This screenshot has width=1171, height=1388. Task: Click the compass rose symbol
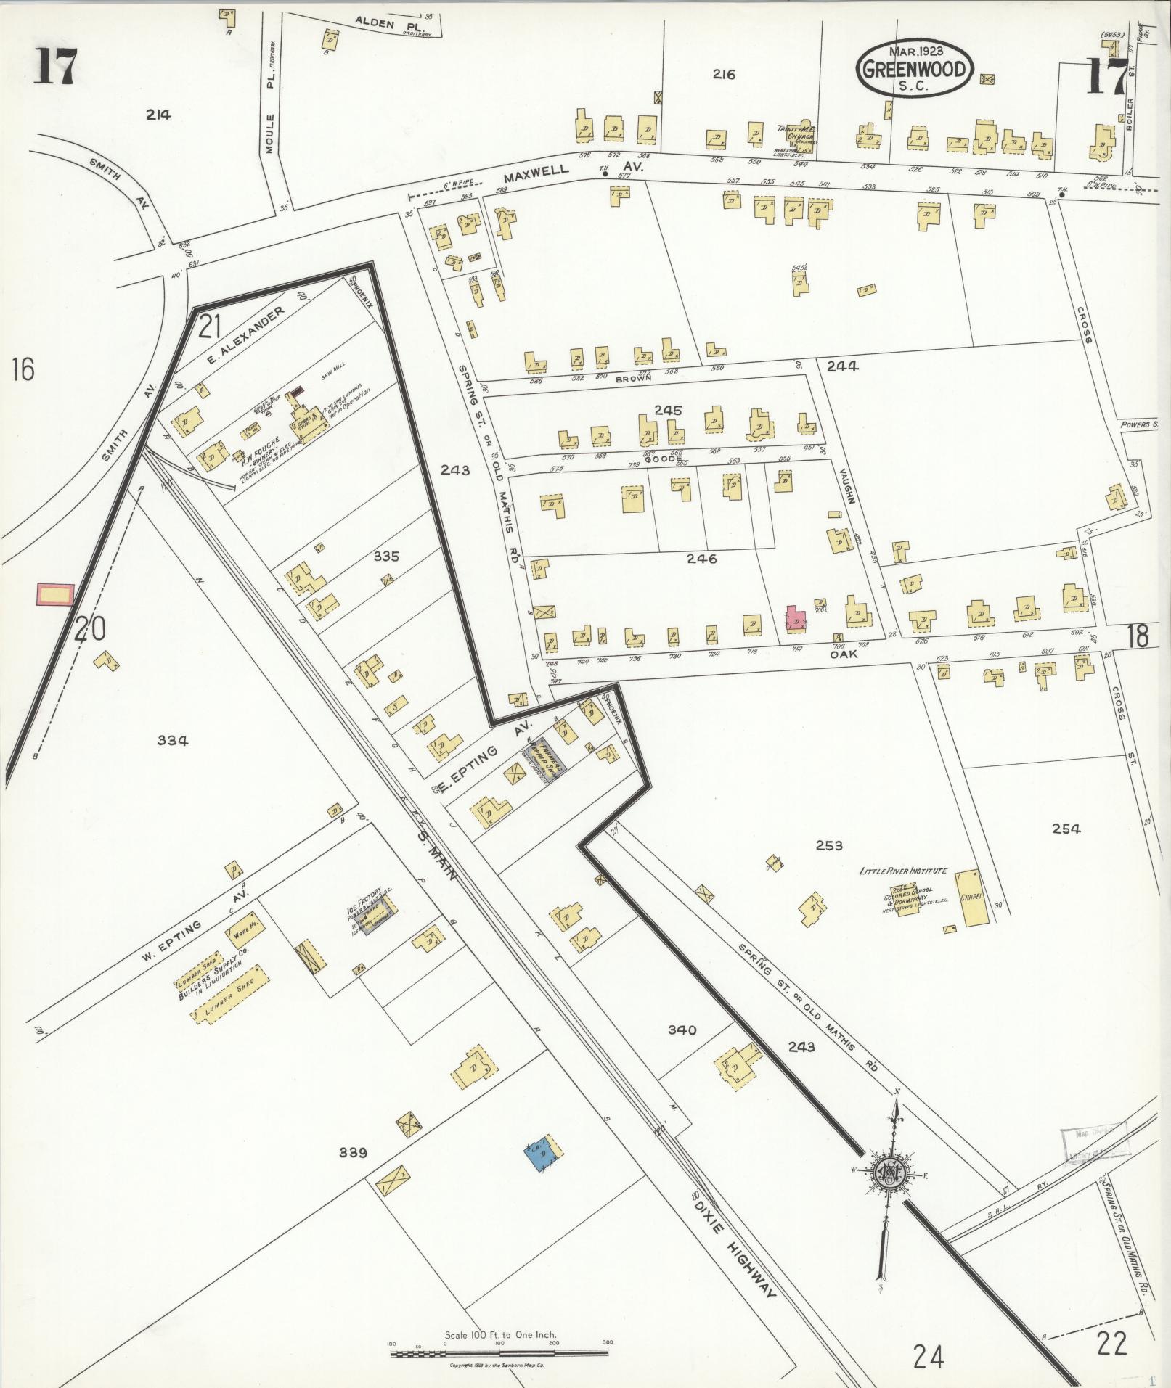[889, 1174]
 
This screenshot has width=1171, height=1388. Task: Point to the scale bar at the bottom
[499, 1353]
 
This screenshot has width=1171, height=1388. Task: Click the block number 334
[173, 740]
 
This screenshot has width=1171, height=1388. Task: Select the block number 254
[1065, 829]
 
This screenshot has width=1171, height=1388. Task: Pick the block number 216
[724, 74]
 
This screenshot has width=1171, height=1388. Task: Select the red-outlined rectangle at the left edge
[56, 594]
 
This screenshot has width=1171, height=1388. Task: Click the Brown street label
[633, 378]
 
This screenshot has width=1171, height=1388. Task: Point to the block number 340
[682, 1030]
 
